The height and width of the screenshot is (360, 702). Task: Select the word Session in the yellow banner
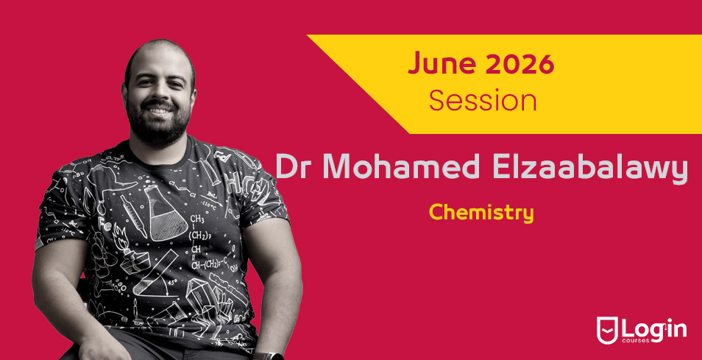click(x=483, y=101)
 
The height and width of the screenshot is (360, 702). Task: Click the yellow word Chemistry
click(x=481, y=212)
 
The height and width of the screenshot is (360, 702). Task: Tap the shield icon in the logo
click(x=607, y=331)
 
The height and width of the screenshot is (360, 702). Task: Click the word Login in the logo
click(x=653, y=330)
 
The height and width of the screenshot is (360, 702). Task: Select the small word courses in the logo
click(x=634, y=340)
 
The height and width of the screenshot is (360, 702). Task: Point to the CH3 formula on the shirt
click(x=197, y=219)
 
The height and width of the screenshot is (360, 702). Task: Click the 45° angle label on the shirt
click(x=171, y=283)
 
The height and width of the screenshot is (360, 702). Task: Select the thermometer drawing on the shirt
click(x=133, y=216)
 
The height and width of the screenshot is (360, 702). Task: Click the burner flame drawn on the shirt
click(x=121, y=235)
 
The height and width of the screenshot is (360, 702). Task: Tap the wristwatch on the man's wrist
click(x=269, y=356)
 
